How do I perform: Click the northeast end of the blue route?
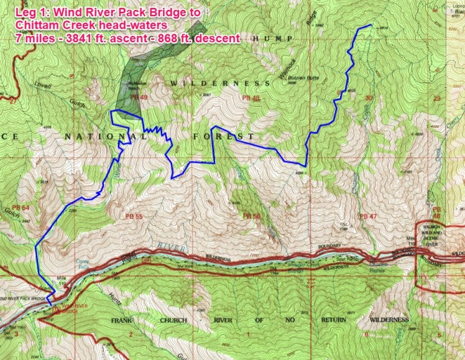(371, 25)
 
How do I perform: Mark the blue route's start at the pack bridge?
(53, 292)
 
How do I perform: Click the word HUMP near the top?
(267, 37)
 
